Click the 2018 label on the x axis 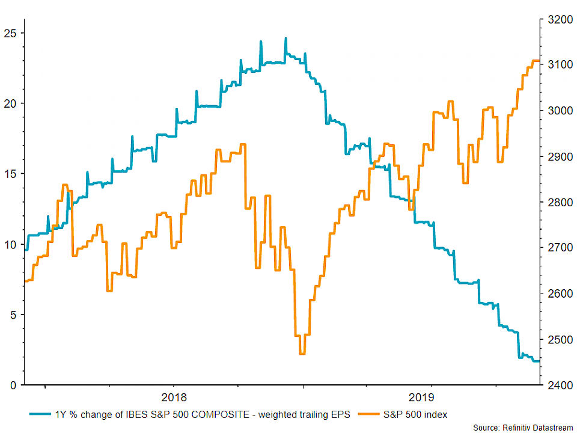click(173, 398)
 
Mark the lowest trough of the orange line click(302, 354)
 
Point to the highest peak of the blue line click(285, 38)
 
